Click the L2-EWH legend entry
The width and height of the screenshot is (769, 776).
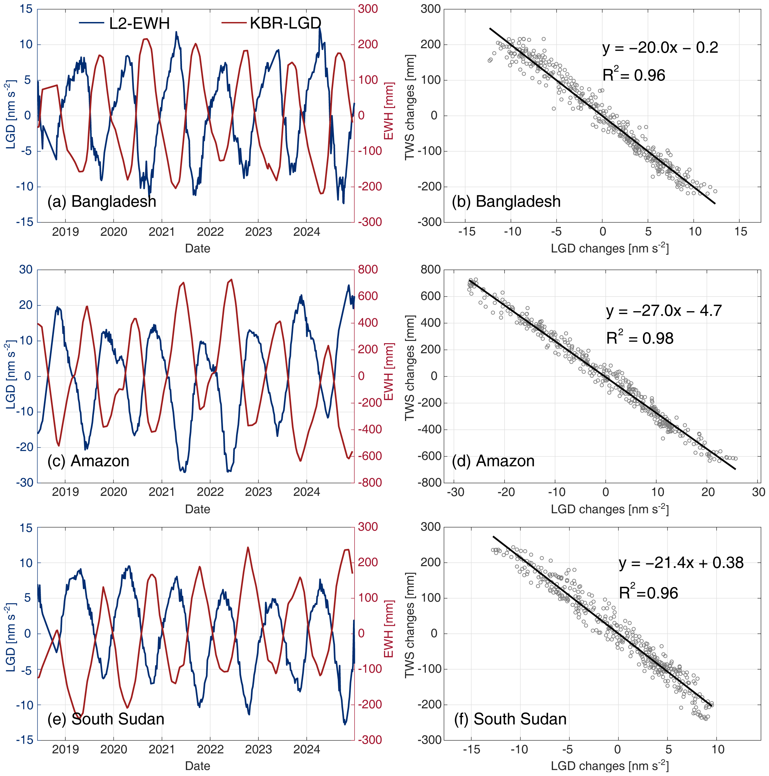click(x=124, y=23)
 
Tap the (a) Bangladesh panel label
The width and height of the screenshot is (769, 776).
click(x=101, y=201)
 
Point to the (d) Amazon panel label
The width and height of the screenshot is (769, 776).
click(x=493, y=461)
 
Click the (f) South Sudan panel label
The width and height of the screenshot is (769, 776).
click(x=510, y=718)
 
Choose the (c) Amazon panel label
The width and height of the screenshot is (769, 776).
click(x=88, y=461)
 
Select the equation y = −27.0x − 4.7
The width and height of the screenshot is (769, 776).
click(x=664, y=311)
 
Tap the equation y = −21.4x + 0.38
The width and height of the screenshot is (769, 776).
click(x=681, y=563)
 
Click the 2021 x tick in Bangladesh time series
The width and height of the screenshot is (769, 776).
click(x=162, y=232)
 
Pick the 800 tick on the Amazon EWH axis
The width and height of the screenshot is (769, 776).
click(x=368, y=269)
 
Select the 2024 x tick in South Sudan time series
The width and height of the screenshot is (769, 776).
click(x=307, y=749)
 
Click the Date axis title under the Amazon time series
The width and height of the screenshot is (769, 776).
click(x=198, y=509)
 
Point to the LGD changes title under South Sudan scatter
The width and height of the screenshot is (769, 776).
click(x=610, y=766)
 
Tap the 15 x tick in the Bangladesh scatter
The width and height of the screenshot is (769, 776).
click(x=741, y=232)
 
